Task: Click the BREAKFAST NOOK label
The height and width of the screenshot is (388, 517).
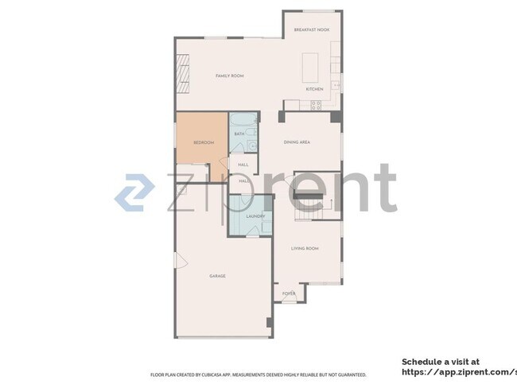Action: click(312, 29)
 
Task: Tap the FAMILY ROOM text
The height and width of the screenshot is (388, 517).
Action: click(229, 76)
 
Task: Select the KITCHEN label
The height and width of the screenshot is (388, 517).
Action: click(315, 89)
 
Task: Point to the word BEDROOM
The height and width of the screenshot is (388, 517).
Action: click(204, 142)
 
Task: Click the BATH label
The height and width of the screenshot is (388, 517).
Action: click(239, 134)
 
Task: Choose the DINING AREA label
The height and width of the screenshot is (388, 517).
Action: click(297, 142)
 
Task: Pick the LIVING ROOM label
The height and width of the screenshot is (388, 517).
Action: click(305, 249)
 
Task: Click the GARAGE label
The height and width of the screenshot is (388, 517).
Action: click(217, 276)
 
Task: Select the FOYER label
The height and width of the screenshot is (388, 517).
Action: click(289, 293)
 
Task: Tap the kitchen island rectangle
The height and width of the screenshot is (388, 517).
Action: click(309, 67)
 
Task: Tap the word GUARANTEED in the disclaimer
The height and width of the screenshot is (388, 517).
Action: click(351, 374)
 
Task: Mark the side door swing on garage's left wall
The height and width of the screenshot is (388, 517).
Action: click(180, 262)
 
